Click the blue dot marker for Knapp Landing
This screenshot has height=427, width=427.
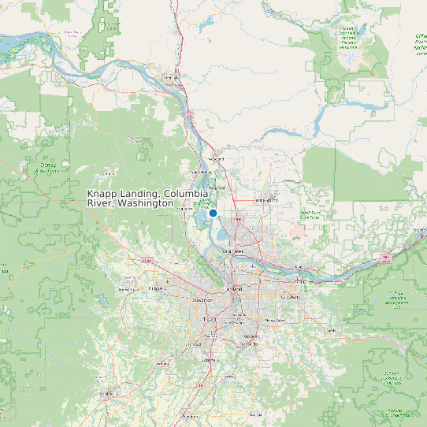pos(213,213)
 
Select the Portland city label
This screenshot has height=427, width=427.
pos(234,289)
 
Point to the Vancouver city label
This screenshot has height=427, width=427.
pos(234,251)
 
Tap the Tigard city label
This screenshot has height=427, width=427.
pos(208,319)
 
